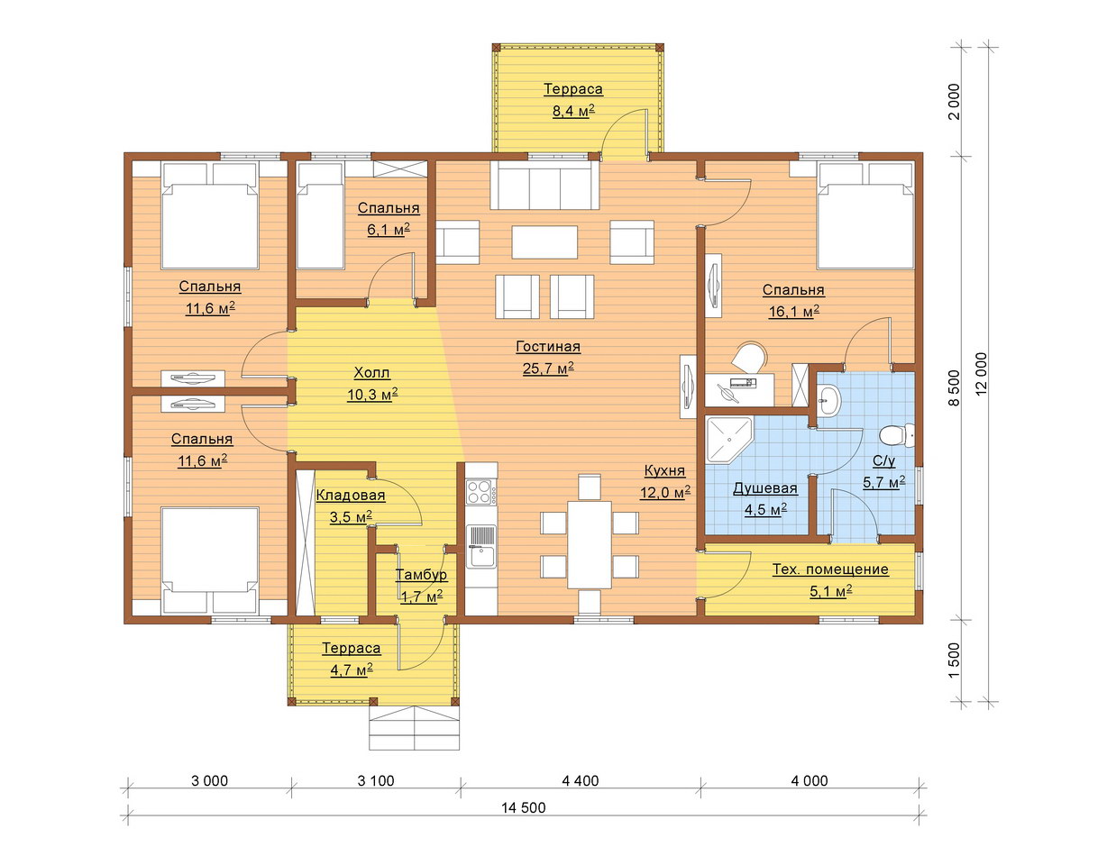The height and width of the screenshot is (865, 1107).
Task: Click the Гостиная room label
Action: (548, 347)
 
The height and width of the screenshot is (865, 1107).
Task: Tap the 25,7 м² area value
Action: (548, 369)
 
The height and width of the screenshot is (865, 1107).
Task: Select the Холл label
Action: (372, 373)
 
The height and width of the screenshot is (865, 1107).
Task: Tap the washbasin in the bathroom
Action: (829, 401)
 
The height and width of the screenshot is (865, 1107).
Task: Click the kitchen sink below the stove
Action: (481, 546)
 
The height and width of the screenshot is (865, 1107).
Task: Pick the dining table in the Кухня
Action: (590, 545)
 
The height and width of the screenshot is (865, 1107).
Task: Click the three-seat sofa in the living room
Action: (544, 185)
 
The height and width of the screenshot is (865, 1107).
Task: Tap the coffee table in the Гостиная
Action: (544, 242)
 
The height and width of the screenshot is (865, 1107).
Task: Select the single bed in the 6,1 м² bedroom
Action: (320, 215)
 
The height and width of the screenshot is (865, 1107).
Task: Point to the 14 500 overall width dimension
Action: (523, 807)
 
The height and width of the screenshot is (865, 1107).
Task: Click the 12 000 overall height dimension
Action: (982, 374)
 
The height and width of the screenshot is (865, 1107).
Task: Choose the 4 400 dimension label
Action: (581, 780)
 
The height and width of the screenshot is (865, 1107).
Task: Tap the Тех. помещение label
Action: (830, 569)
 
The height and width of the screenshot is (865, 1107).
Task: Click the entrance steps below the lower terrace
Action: (414, 727)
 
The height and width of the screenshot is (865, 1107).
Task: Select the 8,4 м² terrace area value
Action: (573, 111)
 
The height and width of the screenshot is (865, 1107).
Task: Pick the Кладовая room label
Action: (351, 496)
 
